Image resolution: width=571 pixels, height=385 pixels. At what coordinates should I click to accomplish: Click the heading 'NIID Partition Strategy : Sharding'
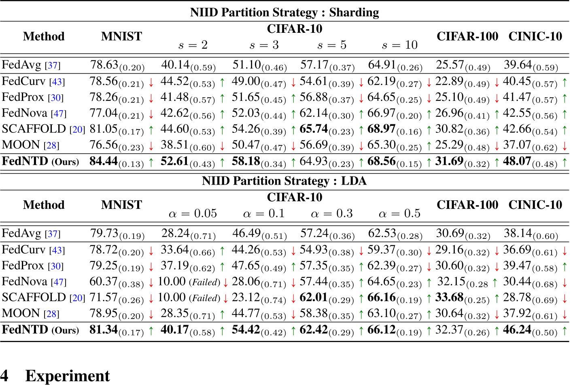284,13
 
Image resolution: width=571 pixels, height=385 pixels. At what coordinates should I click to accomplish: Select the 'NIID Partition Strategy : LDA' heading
284,181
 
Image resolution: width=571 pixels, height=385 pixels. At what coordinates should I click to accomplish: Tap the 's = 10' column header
399,45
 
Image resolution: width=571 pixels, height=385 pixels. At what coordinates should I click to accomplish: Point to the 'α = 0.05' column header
193,213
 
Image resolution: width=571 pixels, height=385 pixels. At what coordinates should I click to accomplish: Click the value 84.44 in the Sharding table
104,161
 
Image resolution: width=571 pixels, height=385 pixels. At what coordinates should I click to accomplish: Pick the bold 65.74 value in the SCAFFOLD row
314,129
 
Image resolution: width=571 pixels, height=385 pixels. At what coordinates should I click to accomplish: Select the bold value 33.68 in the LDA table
449,298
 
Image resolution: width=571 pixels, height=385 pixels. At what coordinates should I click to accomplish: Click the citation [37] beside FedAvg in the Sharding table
53,65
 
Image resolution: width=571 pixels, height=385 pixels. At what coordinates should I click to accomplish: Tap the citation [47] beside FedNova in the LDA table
59,282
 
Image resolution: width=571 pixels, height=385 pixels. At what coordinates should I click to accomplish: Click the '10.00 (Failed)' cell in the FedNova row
189,282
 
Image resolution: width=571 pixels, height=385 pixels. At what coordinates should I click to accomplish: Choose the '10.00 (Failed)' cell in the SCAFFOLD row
189,298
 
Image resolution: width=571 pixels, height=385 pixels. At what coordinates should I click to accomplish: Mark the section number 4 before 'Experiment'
4,376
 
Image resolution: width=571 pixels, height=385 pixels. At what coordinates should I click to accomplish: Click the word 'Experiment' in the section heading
68,376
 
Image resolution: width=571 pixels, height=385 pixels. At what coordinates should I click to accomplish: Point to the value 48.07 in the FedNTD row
517,161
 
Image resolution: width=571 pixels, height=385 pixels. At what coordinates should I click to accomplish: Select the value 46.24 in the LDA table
517,330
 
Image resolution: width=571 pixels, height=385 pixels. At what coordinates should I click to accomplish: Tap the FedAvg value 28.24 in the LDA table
176,234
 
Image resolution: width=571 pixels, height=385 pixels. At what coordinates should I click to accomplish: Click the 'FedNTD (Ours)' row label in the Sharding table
40,161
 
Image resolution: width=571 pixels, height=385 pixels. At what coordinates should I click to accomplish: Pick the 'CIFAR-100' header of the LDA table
467,205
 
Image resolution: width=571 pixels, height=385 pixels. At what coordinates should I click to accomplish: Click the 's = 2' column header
193,45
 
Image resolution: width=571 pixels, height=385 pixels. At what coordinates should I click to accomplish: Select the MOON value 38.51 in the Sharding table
174,145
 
